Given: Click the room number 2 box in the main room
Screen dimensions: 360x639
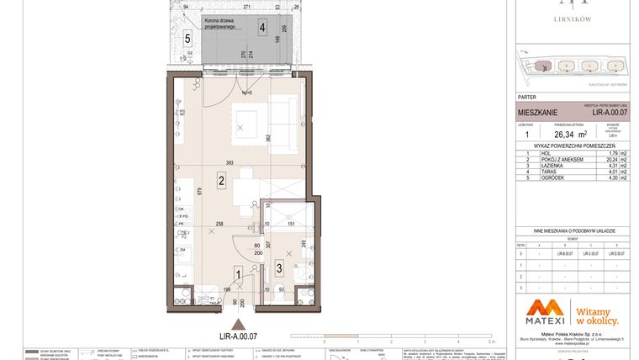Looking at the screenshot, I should [x=220, y=179].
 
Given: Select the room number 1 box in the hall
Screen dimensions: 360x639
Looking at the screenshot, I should [x=238, y=272].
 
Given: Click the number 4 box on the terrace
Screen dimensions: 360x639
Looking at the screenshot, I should [x=263, y=27].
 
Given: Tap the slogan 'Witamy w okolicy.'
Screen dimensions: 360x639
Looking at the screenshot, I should [x=597, y=315].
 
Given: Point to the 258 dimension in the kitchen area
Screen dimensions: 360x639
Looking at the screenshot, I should [x=219, y=224].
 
